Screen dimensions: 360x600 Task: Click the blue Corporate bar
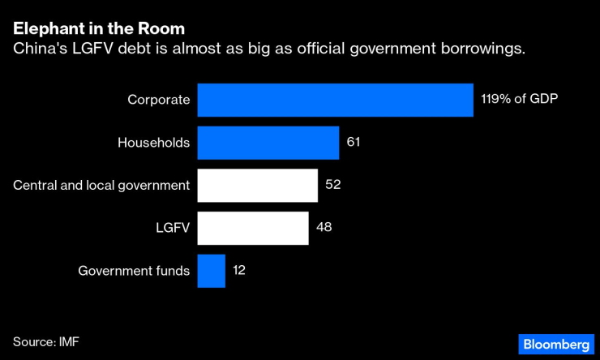335,101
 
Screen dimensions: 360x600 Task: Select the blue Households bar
268,143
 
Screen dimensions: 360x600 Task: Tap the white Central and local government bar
257,185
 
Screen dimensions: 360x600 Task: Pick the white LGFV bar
253,228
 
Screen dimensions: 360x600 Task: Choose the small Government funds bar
211,271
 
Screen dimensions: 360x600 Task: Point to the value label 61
353,142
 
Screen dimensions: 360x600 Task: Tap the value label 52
332,184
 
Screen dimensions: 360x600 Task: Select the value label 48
324,227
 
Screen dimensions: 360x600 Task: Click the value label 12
238,270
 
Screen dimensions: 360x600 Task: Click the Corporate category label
159,100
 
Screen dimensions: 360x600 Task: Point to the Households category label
153,143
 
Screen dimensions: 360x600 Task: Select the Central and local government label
101,185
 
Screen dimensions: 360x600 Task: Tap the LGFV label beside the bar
173,228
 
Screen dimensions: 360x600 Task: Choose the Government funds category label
134,271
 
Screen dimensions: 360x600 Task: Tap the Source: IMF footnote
45,341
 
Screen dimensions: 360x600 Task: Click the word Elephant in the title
47,30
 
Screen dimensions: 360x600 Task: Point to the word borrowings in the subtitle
482,49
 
